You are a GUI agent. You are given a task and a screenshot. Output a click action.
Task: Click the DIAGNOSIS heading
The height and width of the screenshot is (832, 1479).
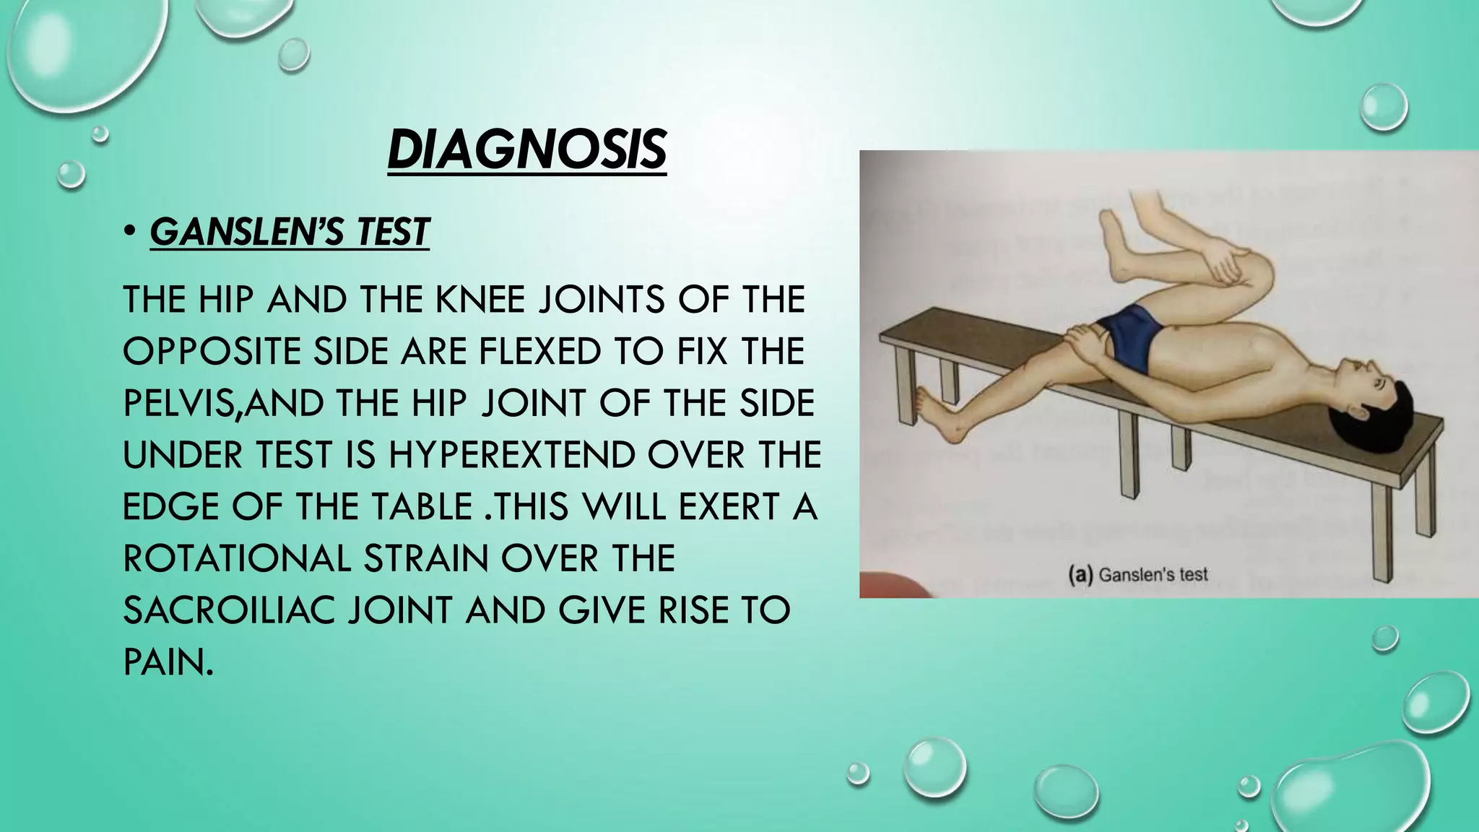[x=526, y=150]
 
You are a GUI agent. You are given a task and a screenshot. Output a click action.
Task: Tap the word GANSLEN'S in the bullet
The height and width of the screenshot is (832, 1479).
[x=245, y=233]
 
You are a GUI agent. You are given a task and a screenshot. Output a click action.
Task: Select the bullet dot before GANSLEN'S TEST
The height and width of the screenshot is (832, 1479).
[x=129, y=233]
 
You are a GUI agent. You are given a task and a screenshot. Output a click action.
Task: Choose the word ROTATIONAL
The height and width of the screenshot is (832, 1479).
[x=237, y=558]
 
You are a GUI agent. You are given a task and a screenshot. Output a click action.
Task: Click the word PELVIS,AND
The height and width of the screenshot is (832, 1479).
[x=223, y=403]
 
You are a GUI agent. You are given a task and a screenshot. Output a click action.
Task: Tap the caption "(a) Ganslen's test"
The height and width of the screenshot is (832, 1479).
[x=1137, y=575]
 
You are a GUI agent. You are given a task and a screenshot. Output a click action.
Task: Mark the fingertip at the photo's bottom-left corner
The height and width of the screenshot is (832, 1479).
[x=895, y=585]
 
